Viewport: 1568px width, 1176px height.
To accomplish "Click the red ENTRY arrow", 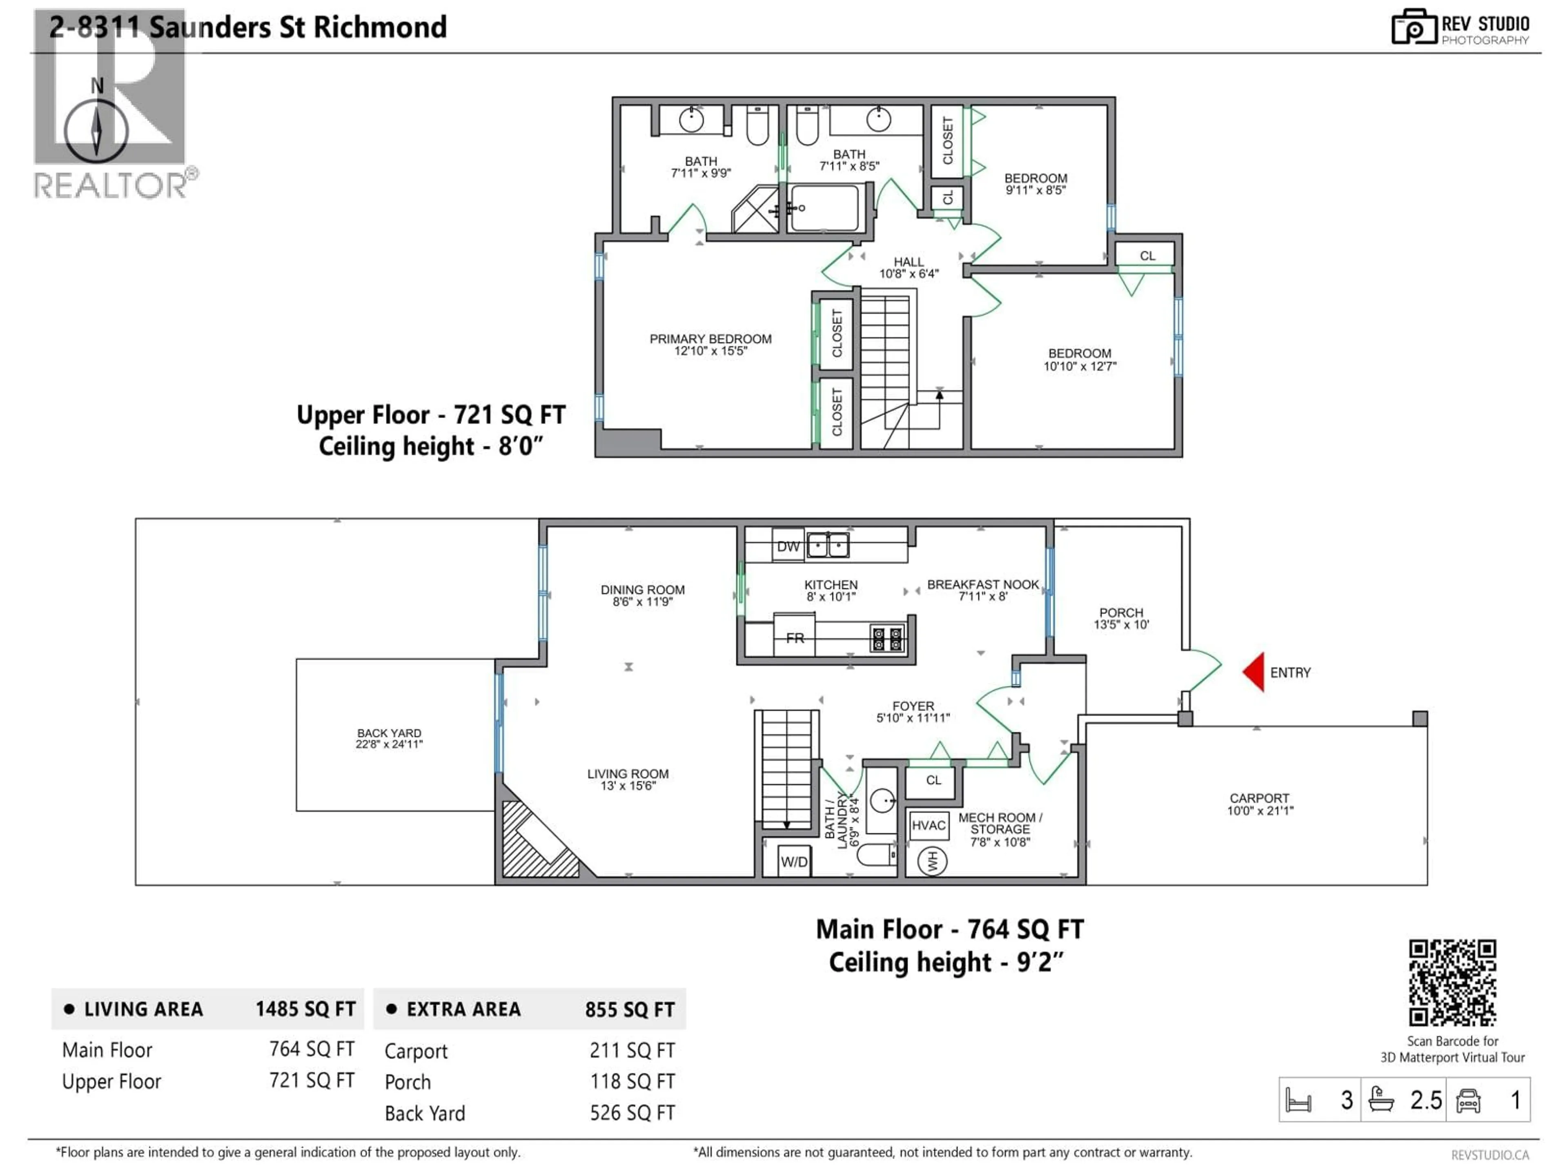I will (x=1255, y=672).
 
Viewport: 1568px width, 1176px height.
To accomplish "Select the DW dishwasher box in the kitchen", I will (x=788, y=546).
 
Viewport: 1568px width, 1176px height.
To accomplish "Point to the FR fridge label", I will (x=795, y=638).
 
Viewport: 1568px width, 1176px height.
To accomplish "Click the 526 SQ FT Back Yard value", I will (x=632, y=1113).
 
